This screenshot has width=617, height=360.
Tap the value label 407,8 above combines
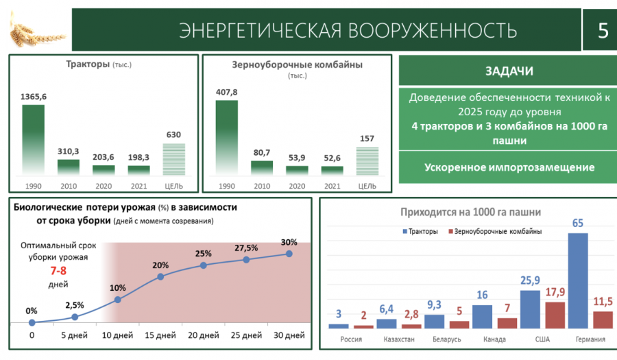tap(226, 93)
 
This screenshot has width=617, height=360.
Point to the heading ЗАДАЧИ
tap(509, 71)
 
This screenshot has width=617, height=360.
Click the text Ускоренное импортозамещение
tap(509, 167)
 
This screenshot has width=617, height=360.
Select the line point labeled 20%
tap(160, 277)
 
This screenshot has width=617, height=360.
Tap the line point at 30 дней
tap(289, 254)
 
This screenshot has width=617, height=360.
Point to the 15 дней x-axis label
tap(160, 335)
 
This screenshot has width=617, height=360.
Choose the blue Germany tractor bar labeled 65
tap(578, 281)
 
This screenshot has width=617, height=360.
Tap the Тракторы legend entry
tap(420, 232)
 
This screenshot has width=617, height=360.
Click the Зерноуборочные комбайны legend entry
tap(494, 232)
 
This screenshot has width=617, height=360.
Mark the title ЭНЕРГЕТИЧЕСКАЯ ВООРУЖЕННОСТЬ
tap(347, 31)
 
